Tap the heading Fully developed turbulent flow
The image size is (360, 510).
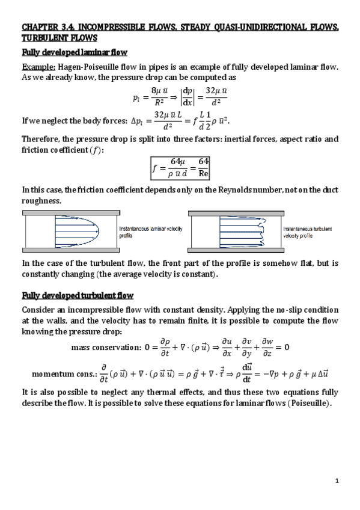pyautogui.click(x=78, y=295)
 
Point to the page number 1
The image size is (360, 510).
pyautogui.click(x=337, y=480)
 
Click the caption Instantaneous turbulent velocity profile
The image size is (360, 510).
pyautogui.click(x=307, y=232)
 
